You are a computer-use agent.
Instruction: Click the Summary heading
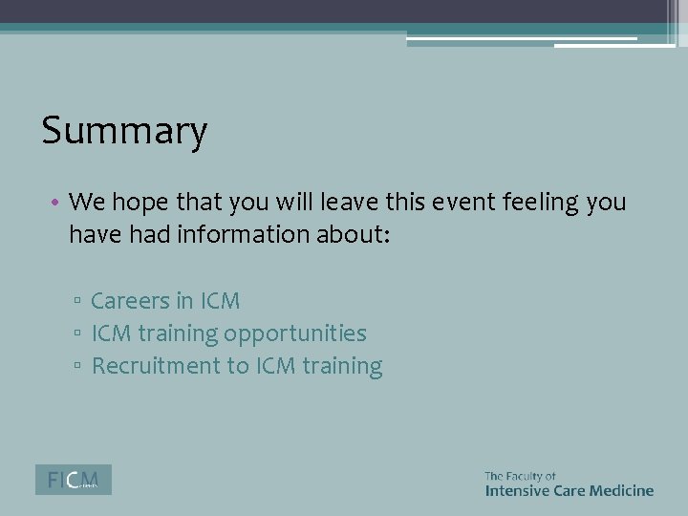124,132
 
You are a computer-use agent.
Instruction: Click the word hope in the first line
143,202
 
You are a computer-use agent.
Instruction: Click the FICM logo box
74,480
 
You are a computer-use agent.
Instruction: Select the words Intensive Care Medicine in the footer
569,490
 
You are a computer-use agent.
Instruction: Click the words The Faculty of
520,475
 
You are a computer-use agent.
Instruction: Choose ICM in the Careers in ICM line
220,301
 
